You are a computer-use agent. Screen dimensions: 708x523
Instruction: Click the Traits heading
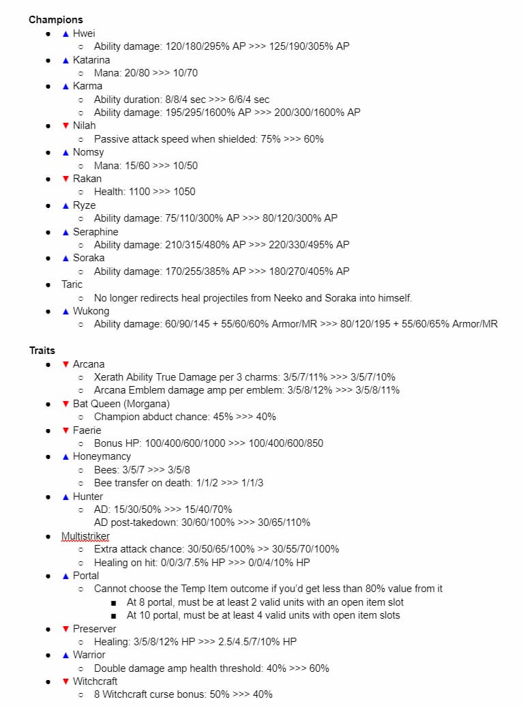pos(42,351)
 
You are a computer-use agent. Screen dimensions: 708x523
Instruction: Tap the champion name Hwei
pos(84,33)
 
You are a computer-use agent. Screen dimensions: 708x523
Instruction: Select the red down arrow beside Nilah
pos(65,126)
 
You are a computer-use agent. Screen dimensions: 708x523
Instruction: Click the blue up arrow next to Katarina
pos(65,60)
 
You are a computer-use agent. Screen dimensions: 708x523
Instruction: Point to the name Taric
pos(72,284)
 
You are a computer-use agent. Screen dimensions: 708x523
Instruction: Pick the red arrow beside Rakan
pos(65,179)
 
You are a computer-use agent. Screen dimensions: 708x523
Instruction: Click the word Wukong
pos(91,311)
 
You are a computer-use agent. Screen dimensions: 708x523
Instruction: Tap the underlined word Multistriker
pos(85,536)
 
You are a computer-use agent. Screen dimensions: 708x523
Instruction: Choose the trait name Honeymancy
pos(102,456)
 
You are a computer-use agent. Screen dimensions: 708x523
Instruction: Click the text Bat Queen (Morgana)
pos(121,404)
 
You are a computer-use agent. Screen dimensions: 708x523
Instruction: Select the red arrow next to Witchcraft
pos(65,681)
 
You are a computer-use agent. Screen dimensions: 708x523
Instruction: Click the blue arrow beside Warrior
pos(65,655)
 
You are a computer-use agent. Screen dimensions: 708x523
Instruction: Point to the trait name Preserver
pos(94,629)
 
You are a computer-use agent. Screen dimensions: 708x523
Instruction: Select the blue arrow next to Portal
pos(65,576)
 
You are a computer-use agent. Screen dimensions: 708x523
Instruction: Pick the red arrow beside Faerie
pos(65,430)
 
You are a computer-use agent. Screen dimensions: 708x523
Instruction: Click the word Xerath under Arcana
pos(109,377)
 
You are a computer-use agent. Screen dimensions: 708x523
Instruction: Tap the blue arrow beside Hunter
pos(65,497)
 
